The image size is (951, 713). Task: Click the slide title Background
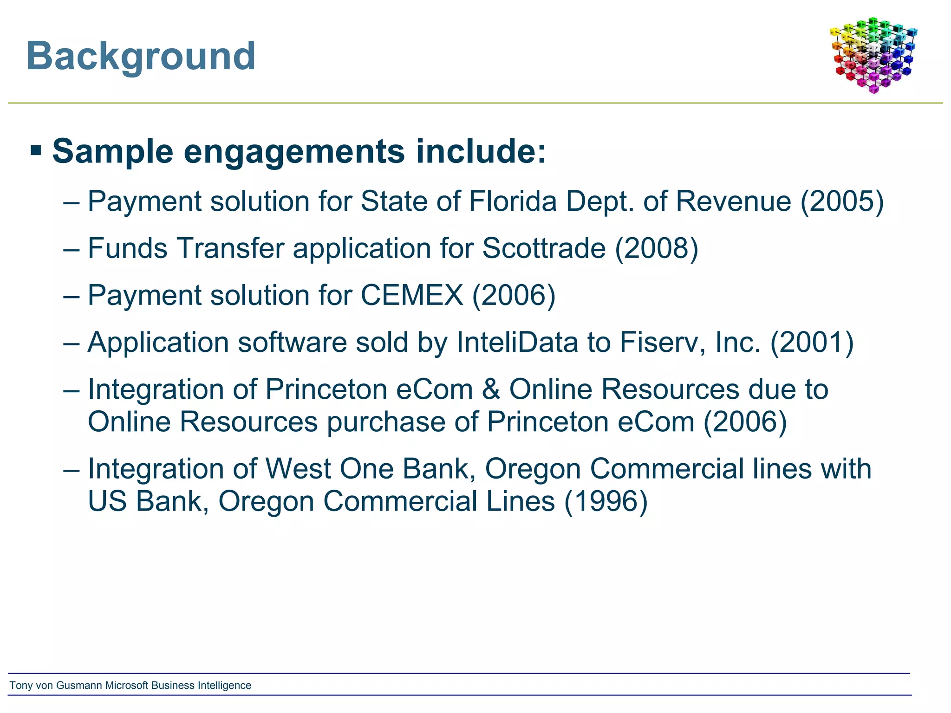(x=141, y=57)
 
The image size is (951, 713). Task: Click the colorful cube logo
(x=873, y=55)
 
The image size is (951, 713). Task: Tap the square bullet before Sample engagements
(x=36, y=150)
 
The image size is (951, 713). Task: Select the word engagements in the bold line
(x=294, y=152)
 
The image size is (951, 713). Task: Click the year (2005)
(x=842, y=201)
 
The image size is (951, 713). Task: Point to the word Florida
(x=513, y=201)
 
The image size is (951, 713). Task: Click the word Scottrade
(x=544, y=248)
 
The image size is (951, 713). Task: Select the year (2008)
(x=657, y=248)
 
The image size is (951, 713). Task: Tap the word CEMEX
(x=411, y=295)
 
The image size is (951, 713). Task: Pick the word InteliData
(x=517, y=343)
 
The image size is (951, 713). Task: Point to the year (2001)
(x=812, y=343)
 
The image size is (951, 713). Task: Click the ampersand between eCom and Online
(x=491, y=389)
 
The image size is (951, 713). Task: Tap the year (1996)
(x=606, y=502)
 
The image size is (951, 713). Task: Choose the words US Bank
(x=146, y=502)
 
